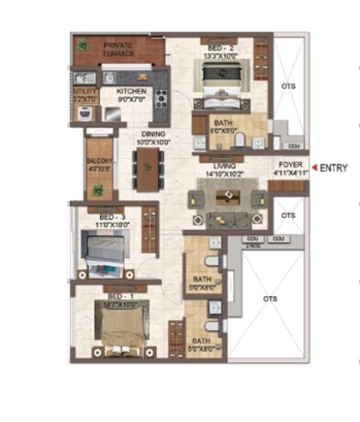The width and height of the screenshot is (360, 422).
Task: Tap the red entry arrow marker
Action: point(315,168)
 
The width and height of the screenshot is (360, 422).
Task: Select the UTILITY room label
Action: point(85,93)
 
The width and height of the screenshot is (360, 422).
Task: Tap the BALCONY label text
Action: point(99,163)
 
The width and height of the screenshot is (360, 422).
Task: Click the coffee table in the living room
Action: point(224,197)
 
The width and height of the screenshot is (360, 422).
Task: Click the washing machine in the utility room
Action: point(85,114)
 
